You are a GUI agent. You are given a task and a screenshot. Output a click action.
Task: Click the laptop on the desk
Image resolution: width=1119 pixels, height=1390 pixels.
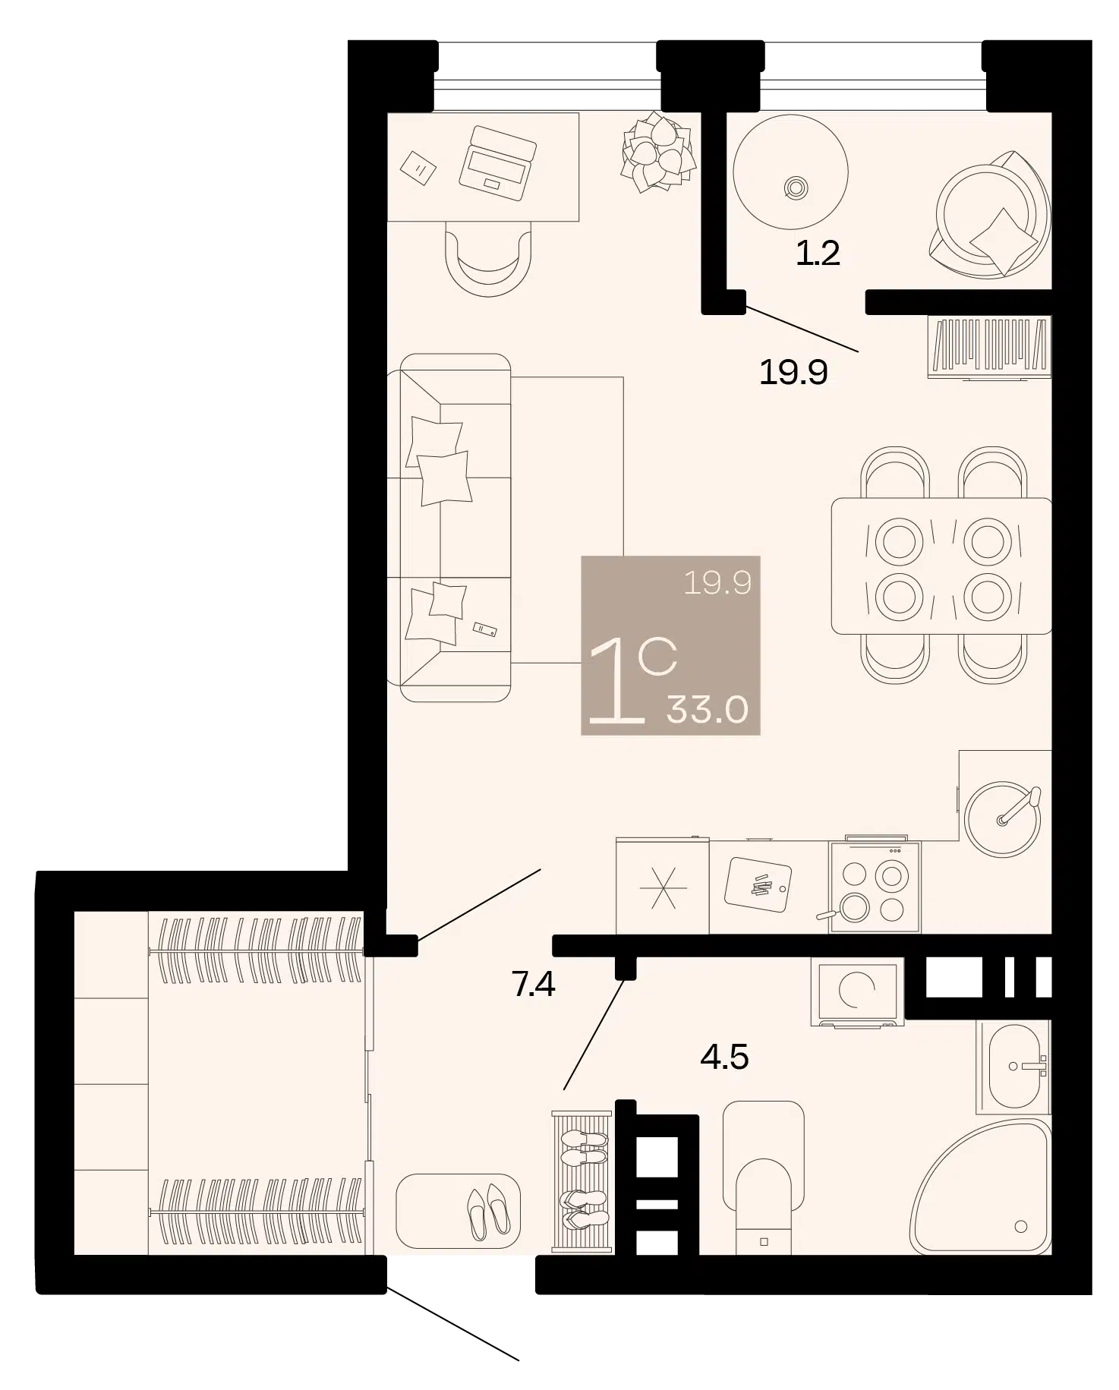[498, 163]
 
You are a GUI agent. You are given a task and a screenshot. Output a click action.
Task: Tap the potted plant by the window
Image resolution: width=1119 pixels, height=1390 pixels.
[659, 153]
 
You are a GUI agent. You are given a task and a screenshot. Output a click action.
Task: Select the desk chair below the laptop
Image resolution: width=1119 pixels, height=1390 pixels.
[489, 259]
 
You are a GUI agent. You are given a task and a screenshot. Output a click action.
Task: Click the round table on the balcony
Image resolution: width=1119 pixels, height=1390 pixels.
[790, 172]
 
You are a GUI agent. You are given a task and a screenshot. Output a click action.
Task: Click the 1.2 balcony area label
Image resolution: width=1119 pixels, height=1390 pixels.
[818, 253]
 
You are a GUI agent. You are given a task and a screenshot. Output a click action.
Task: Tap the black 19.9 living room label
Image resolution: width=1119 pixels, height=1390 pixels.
[793, 372]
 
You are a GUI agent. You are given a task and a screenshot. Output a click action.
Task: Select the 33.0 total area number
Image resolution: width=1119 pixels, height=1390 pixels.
[708, 710]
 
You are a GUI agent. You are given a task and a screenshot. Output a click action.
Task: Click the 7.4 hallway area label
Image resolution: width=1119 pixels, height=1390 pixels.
[534, 984]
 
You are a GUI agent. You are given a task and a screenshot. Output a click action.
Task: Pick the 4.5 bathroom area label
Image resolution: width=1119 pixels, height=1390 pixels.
[725, 1057]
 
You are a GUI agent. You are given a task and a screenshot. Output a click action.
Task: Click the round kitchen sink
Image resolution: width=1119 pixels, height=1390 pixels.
[1003, 820]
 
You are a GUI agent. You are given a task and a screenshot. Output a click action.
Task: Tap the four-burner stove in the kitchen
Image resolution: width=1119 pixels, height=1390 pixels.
[875, 887]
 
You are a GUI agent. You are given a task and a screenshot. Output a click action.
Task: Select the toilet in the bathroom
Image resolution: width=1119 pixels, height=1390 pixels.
[764, 1177]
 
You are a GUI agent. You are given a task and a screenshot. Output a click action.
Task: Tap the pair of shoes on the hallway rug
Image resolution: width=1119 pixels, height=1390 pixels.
[488, 1212]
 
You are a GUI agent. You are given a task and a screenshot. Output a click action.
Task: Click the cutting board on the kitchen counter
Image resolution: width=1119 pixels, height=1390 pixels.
[758, 884]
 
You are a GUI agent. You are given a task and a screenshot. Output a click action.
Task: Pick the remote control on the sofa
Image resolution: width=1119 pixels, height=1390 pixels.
[485, 629]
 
